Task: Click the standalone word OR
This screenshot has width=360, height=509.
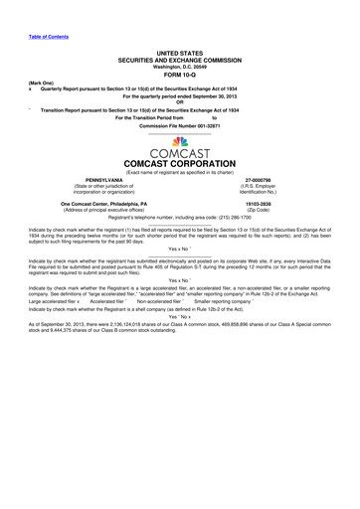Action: tap(179, 102)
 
